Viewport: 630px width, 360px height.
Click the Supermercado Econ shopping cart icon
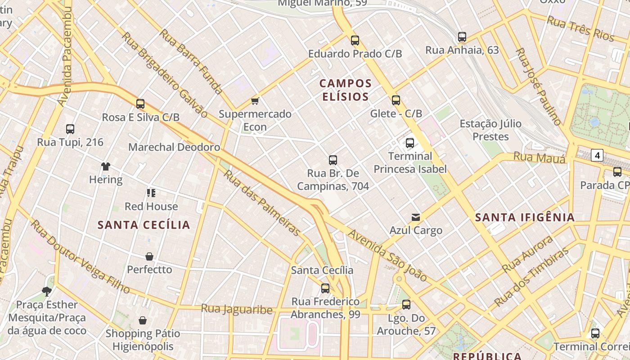click(255, 101)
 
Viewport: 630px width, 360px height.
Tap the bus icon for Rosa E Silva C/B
click(140, 104)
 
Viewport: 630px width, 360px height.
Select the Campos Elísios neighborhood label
click(346, 90)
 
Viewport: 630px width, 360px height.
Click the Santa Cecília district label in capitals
click(144, 225)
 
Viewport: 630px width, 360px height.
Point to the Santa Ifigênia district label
click(525, 218)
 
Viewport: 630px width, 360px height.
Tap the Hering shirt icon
click(106, 166)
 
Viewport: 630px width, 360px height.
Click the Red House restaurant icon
click(151, 193)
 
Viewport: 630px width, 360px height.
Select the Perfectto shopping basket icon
click(149, 256)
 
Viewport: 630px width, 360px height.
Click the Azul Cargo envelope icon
click(416, 217)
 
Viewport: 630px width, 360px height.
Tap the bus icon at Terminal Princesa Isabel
click(409, 143)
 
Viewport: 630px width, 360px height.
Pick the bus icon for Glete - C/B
click(396, 100)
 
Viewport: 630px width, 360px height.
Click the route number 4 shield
click(597, 156)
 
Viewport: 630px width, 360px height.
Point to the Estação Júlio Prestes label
click(490, 130)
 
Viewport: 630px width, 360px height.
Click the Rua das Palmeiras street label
click(262, 203)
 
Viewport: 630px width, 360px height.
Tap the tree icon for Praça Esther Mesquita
click(47, 291)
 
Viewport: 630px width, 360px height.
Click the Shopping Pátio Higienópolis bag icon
click(143, 320)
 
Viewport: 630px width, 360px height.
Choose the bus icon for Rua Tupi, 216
click(70, 129)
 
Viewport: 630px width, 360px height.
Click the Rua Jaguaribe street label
click(237, 309)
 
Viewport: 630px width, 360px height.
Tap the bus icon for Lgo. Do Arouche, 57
click(406, 305)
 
